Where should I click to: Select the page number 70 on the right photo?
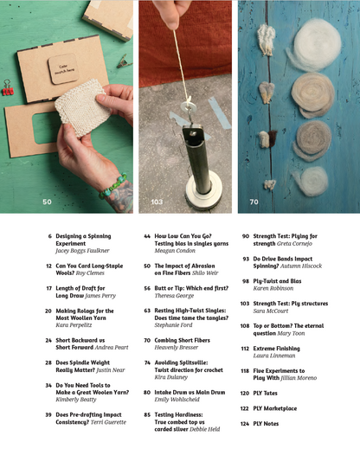(x=254, y=202)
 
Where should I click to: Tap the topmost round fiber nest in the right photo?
(x=313, y=37)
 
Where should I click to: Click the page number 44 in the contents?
(x=147, y=235)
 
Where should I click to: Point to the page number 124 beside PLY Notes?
(x=245, y=424)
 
